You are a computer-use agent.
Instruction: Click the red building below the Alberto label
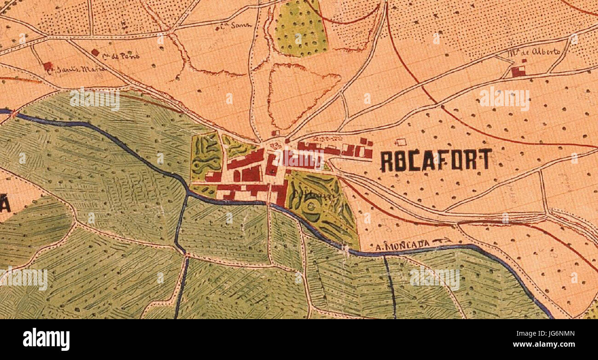click(x=518, y=72)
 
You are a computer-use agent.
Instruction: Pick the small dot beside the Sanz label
click(x=217, y=30)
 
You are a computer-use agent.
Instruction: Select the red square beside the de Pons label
click(x=95, y=52)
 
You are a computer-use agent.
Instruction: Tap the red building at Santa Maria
click(x=47, y=66)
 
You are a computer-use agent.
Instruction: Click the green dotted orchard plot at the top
click(x=300, y=29)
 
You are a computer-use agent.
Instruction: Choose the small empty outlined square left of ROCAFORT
click(x=401, y=143)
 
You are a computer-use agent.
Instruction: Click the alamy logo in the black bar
click(x=46, y=339)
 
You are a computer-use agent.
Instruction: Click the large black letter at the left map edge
click(x=5, y=203)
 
